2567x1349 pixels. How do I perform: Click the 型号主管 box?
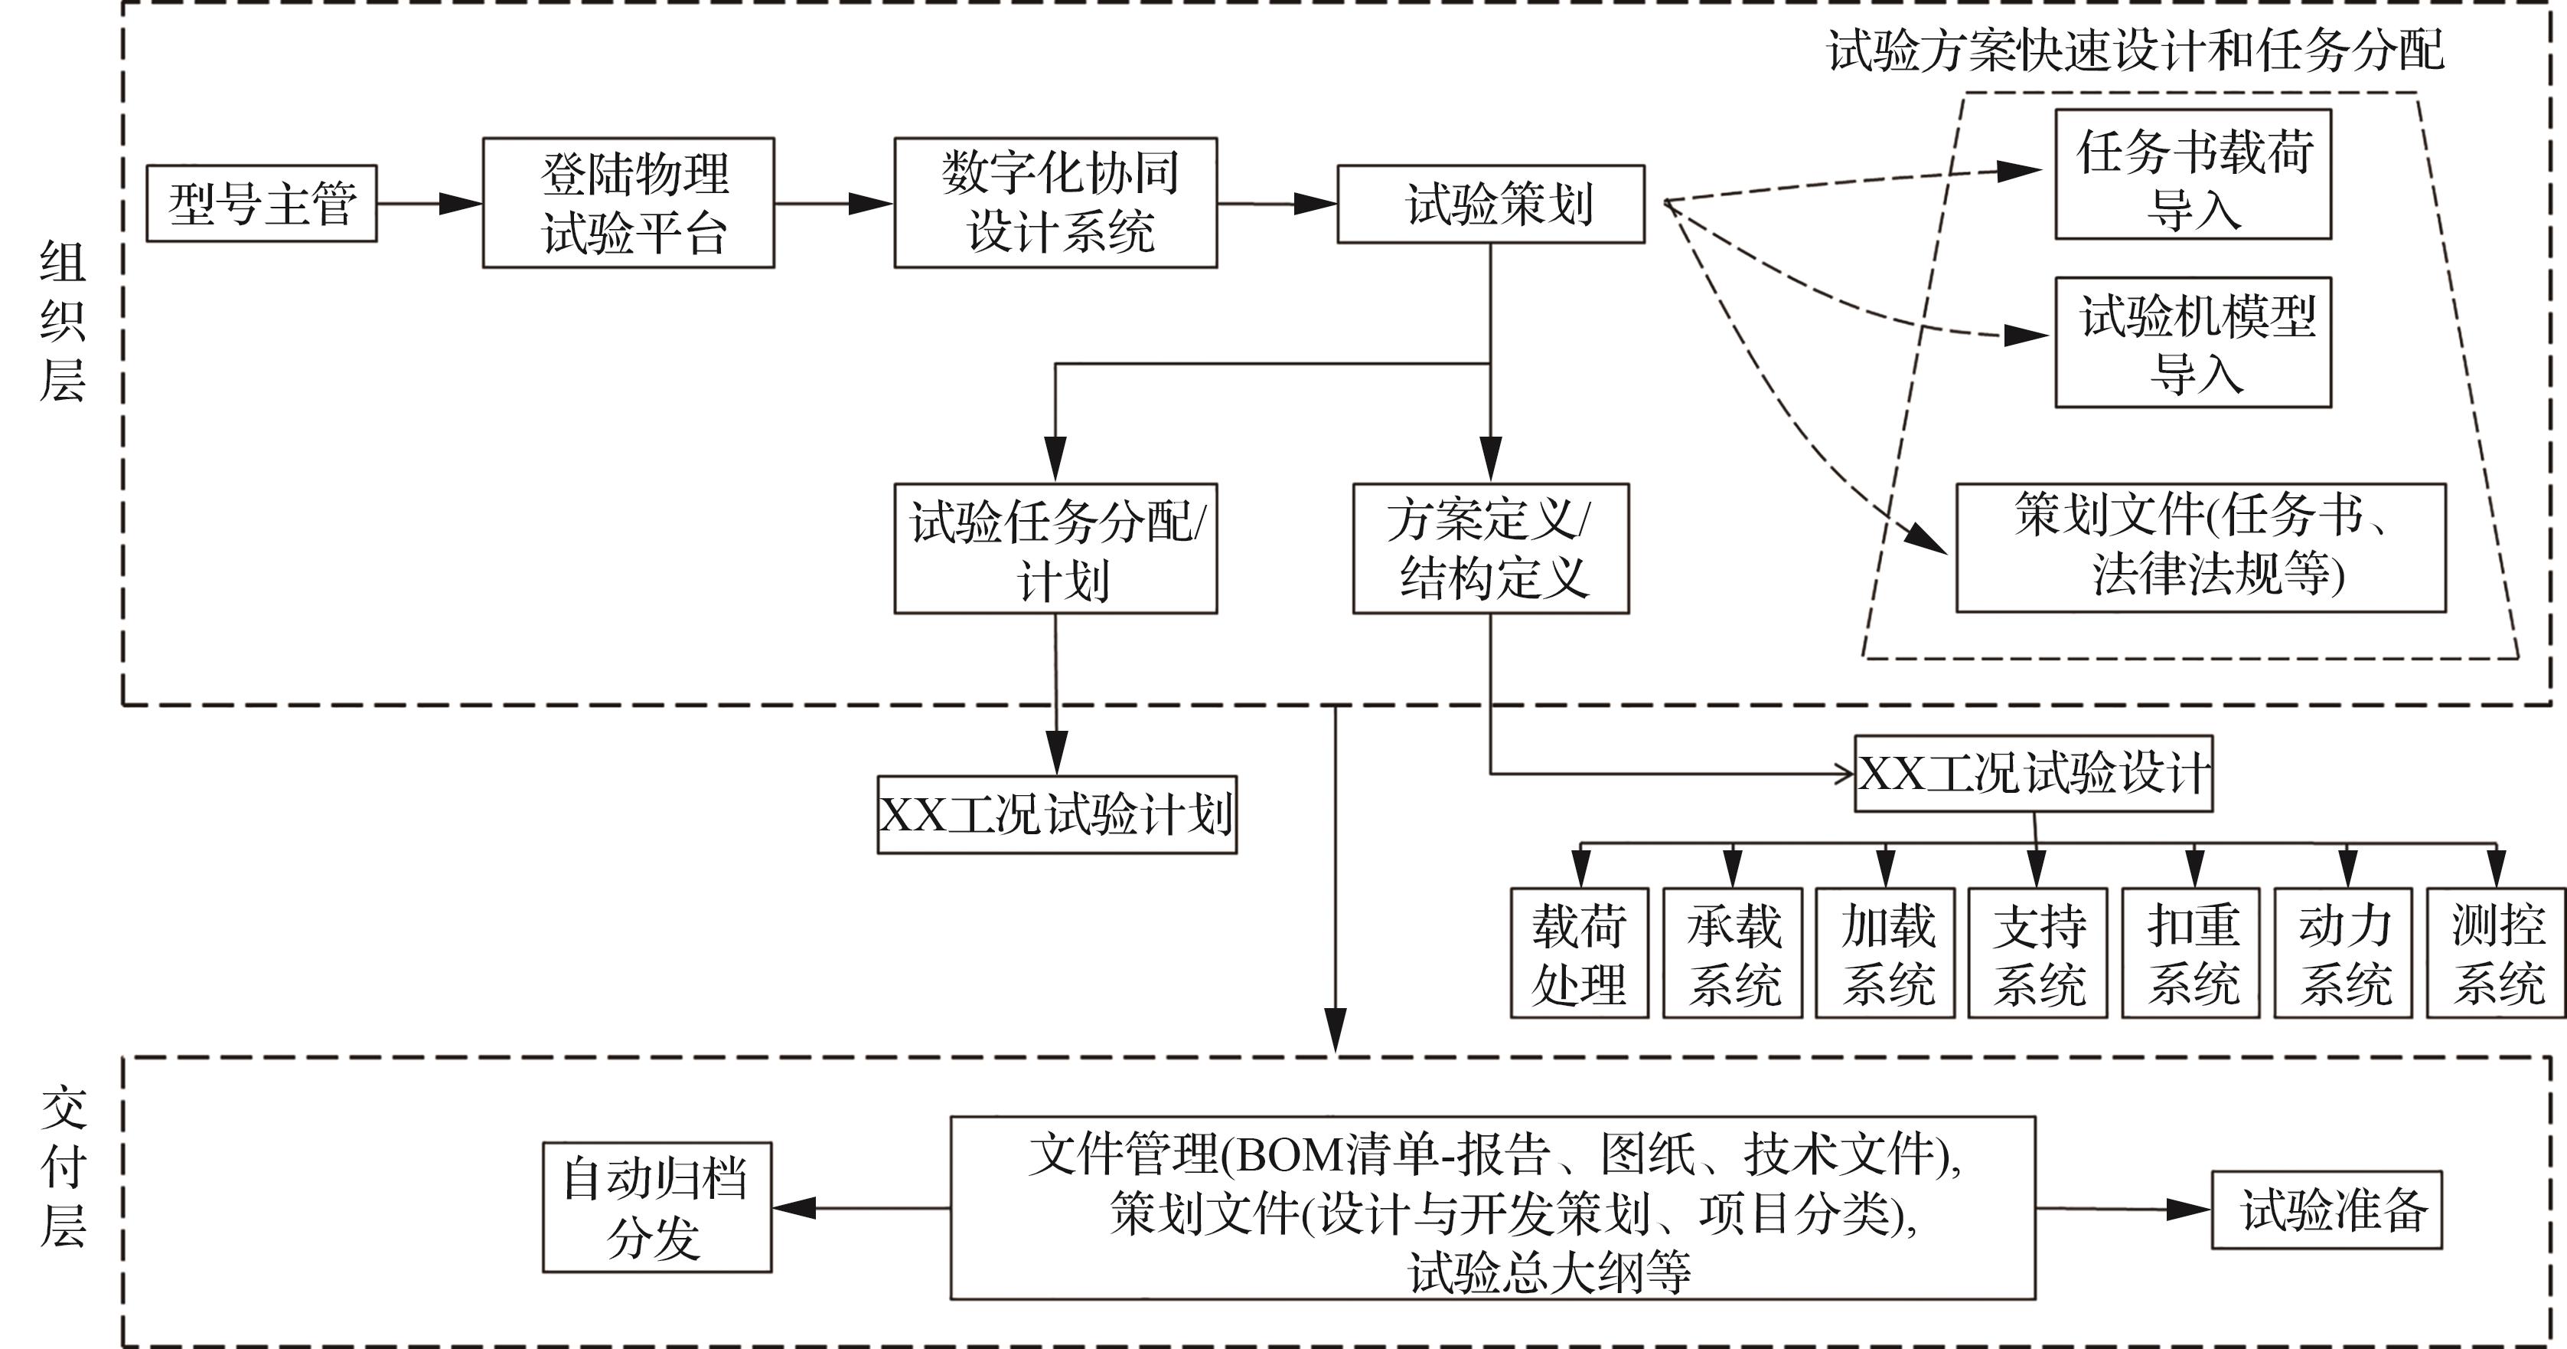(x=261, y=204)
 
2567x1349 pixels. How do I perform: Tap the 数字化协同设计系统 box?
(x=1055, y=204)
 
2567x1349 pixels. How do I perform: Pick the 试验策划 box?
(x=1490, y=205)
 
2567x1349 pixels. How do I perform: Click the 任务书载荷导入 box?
(x=2192, y=175)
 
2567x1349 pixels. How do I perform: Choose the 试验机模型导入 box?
(x=2192, y=342)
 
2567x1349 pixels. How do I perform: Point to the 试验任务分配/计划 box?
(x=1055, y=548)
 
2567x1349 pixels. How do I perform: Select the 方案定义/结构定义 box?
(x=1490, y=548)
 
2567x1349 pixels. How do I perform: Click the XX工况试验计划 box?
(x=1056, y=814)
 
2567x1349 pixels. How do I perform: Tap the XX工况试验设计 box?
(x=2033, y=774)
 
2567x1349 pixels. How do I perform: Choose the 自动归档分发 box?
(x=657, y=1207)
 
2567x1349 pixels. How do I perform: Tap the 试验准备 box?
(x=2326, y=1210)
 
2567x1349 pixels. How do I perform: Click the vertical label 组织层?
(x=62, y=321)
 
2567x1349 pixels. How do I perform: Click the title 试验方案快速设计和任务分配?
(x=2135, y=50)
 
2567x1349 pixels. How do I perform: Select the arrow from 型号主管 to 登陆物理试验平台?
(x=429, y=204)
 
